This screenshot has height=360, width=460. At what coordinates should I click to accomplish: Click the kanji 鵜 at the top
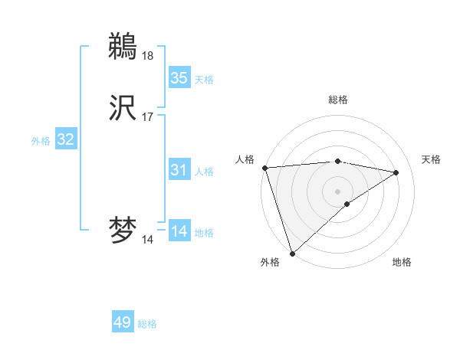pyautogui.click(x=123, y=47)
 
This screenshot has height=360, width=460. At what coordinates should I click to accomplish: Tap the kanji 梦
pyautogui.click(x=123, y=231)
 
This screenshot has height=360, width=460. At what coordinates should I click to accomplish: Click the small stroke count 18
pyautogui.click(x=147, y=55)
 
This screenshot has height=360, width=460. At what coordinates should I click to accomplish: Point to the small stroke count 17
pyautogui.click(x=147, y=117)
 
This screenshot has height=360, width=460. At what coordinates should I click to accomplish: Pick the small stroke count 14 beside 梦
pyautogui.click(x=147, y=240)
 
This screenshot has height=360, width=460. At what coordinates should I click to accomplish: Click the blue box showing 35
pyautogui.click(x=179, y=78)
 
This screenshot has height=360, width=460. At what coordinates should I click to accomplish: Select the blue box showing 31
pyautogui.click(x=179, y=171)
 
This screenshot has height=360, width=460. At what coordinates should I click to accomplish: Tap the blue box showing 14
pyautogui.click(x=179, y=232)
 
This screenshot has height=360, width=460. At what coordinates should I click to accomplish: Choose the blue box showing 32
pyautogui.click(x=65, y=140)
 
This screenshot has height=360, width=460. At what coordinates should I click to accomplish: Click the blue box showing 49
pyautogui.click(x=123, y=323)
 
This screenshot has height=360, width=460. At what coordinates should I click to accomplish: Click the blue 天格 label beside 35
pyautogui.click(x=204, y=80)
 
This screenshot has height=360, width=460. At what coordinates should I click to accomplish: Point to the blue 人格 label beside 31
pyautogui.click(x=204, y=172)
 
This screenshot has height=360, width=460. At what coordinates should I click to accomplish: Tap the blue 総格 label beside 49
pyautogui.click(x=147, y=324)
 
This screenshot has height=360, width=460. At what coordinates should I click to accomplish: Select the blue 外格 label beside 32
pyautogui.click(x=41, y=141)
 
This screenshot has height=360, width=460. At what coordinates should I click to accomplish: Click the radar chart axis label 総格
pyautogui.click(x=337, y=100)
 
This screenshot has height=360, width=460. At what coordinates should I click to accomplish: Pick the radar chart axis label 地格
pyautogui.click(x=402, y=262)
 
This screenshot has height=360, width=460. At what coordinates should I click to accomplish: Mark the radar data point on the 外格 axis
pyautogui.click(x=292, y=253)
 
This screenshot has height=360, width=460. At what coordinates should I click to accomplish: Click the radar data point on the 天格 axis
pyautogui.click(x=396, y=173)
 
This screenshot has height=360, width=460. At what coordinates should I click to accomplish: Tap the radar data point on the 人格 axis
pyautogui.click(x=264, y=168)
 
